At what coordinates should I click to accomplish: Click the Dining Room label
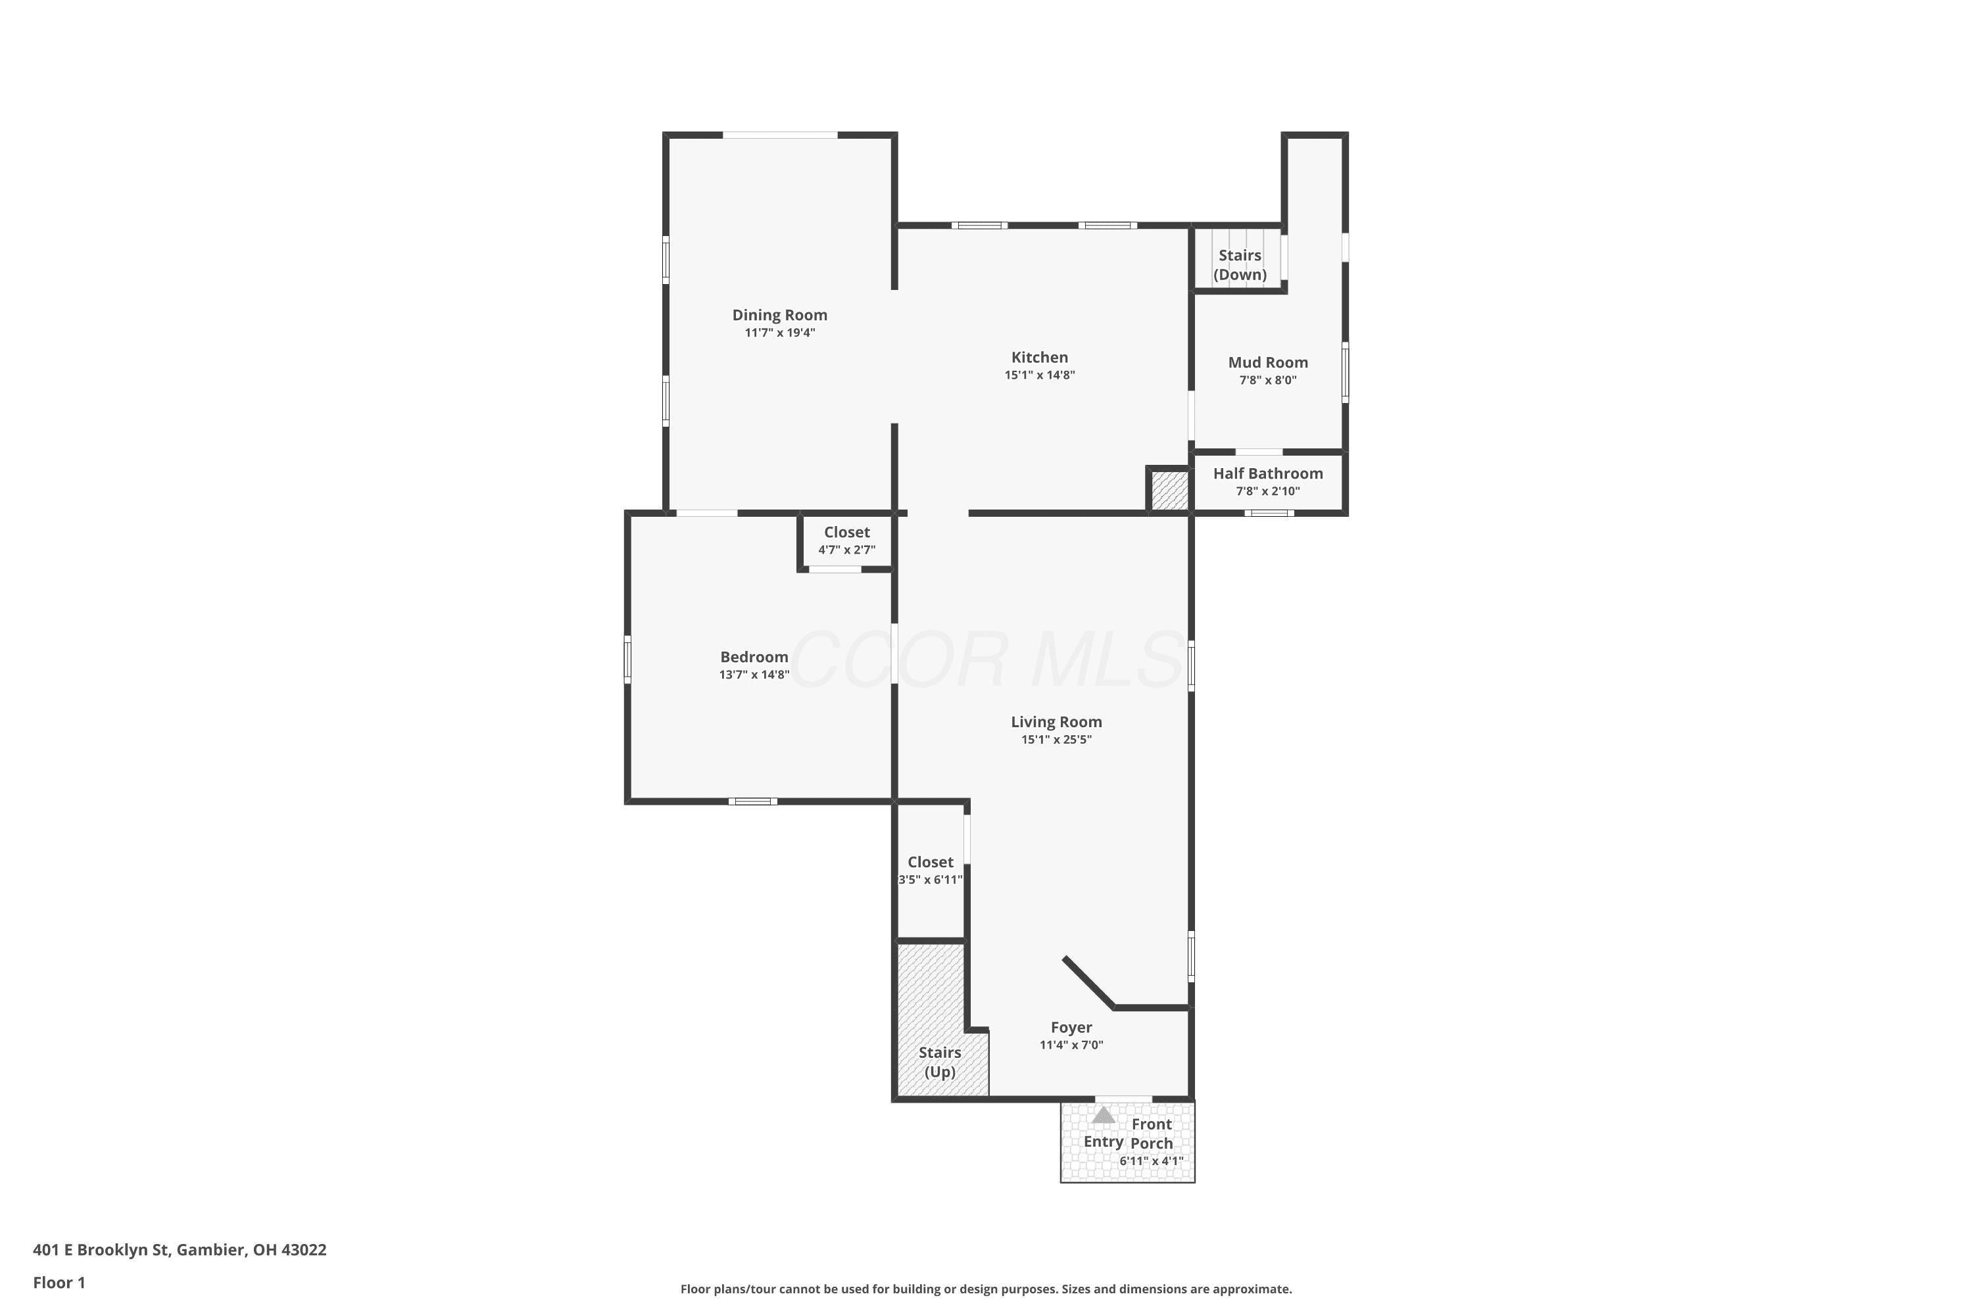point(779,316)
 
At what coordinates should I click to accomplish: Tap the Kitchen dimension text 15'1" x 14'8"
point(1039,375)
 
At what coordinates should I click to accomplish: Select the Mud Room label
point(1267,362)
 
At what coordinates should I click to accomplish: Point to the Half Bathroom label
point(1267,473)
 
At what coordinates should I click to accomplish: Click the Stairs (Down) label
point(1240,265)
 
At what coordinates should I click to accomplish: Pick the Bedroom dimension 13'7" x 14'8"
point(754,675)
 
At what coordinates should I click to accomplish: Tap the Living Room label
point(1056,721)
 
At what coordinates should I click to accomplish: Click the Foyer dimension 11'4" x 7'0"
point(1071,1045)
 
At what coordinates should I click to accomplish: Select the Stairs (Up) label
point(940,1062)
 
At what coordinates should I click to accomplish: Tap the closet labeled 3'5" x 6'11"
point(931,870)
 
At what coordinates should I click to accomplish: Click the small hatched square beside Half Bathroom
point(1169,490)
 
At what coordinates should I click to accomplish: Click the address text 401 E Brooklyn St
point(101,1250)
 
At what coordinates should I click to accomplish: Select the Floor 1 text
point(59,1282)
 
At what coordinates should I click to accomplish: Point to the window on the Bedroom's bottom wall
point(752,801)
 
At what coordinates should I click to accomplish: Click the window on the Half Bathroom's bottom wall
point(1269,512)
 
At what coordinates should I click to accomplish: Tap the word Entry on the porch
point(1103,1141)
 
